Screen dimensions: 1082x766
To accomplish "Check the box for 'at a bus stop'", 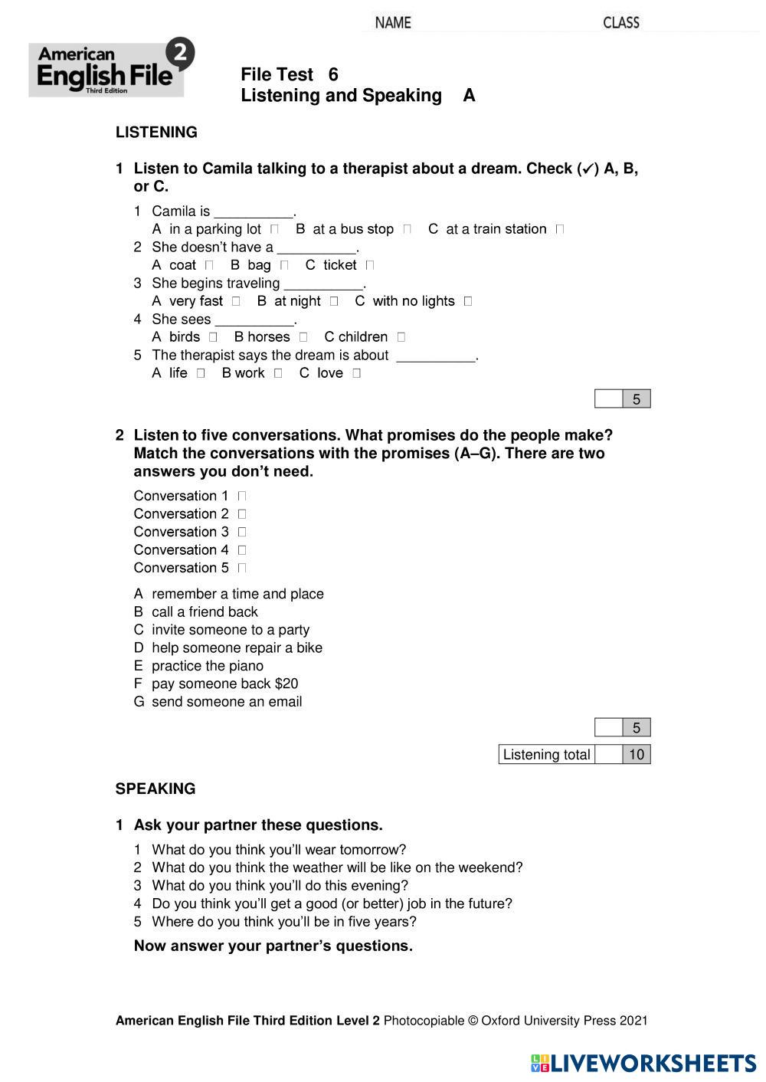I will [x=407, y=229].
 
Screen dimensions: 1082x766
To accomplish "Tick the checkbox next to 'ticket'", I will [x=370, y=265].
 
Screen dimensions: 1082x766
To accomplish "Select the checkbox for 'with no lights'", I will [x=468, y=301].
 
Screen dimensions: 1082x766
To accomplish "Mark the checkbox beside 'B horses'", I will [x=303, y=337].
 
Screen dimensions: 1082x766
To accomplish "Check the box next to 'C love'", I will [x=356, y=373].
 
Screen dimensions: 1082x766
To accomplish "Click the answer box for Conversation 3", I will [x=242, y=532].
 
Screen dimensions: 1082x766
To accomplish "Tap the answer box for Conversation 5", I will [x=242, y=568].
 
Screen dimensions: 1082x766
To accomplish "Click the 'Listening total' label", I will [x=546, y=755].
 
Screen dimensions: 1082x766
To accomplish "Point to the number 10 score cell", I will [x=637, y=755].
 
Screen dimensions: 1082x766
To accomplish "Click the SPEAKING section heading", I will [x=155, y=789].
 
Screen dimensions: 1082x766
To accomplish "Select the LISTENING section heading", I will [x=156, y=133].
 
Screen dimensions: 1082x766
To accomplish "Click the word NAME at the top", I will [x=393, y=23].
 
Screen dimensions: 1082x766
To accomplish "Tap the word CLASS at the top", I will [x=620, y=23].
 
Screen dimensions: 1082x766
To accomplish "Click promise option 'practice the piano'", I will [x=207, y=666].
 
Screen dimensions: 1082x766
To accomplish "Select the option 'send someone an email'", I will [x=227, y=702].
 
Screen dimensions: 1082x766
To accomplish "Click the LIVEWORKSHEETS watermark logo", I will [x=643, y=1063].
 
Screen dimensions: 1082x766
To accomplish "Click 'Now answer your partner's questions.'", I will [x=273, y=946].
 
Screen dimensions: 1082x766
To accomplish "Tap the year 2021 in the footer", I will [x=633, y=1021].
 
